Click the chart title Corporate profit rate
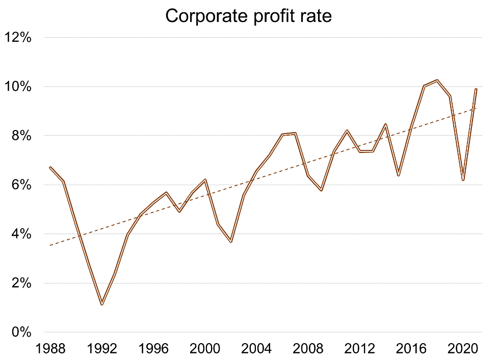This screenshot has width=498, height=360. click(x=248, y=16)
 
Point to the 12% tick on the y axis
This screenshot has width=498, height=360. click(x=19, y=38)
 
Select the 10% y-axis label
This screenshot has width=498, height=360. click(x=19, y=87)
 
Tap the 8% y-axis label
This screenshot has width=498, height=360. click(x=22, y=136)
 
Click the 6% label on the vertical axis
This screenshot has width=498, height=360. click(x=22, y=185)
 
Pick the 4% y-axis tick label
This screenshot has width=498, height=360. click(x=22, y=234)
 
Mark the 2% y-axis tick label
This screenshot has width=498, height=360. click(x=22, y=284)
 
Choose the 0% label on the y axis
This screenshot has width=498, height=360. click(x=22, y=332)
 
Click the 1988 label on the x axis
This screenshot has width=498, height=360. click(x=50, y=349)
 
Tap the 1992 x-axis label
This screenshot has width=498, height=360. click(x=102, y=349)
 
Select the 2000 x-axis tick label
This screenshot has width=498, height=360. click(x=205, y=349)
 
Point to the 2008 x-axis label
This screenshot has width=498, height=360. click(x=308, y=349)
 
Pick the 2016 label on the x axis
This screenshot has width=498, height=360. click(x=411, y=349)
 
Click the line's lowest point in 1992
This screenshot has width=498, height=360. click(x=102, y=304)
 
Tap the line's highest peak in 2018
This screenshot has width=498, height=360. click(x=437, y=80)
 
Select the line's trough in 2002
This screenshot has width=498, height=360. click(x=231, y=242)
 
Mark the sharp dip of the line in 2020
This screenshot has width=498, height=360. click(x=463, y=180)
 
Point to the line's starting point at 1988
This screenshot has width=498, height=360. click(x=50, y=167)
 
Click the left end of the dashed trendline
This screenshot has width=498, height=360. click(x=50, y=245)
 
